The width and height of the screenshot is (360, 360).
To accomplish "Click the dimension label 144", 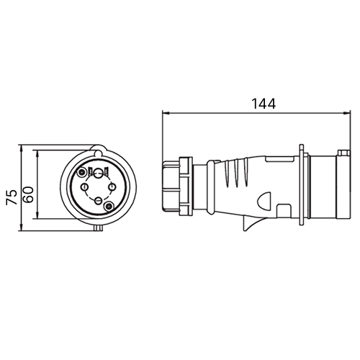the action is click(264, 104).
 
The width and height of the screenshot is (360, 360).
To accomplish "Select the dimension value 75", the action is click(12, 197).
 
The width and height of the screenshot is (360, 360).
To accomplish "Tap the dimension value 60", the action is click(28, 194).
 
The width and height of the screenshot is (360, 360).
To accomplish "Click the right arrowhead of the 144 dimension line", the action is click(346, 113).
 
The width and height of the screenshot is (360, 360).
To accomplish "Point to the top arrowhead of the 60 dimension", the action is click(37, 154).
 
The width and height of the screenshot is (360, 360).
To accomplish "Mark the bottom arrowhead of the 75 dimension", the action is click(22, 228).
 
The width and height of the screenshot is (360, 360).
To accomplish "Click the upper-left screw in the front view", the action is click(82, 172).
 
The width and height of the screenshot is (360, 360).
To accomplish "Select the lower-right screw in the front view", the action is click(109, 206).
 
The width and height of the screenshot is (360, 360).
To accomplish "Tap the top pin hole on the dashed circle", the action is click(98, 173).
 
